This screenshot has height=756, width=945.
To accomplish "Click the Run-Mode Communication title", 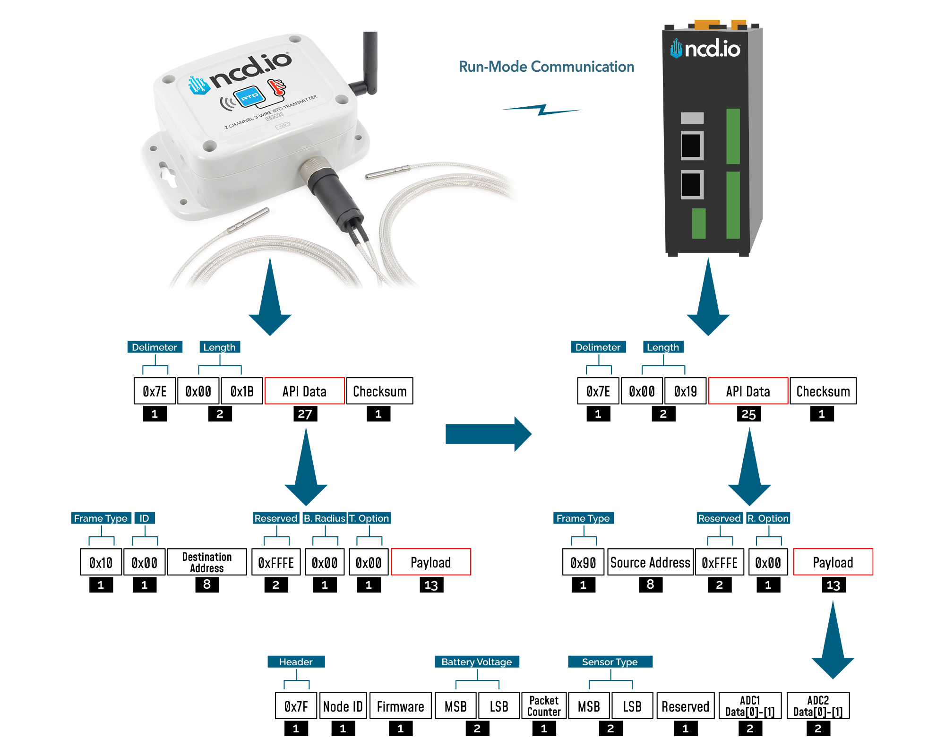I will click(546, 67).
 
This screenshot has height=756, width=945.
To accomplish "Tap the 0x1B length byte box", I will click(242, 391).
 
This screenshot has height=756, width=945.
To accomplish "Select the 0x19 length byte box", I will click(685, 391).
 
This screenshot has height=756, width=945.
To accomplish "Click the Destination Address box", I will click(207, 562).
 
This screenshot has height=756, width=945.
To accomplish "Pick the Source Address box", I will click(650, 562).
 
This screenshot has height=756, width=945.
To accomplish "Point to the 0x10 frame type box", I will click(101, 562).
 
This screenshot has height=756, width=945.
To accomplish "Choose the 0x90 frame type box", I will click(583, 562).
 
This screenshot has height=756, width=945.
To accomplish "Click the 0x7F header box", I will click(296, 706).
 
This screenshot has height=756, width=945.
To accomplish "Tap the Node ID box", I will click(343, 706).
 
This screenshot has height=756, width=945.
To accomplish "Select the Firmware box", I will click(400, 706).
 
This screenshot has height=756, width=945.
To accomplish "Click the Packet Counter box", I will click(544, 706).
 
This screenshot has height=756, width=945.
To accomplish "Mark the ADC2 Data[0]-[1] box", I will click(818, 706).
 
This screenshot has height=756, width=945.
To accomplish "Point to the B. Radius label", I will click(325, 518).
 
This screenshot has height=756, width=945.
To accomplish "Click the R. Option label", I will click(768, 518).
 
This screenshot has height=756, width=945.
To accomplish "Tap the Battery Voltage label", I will click(476, 662).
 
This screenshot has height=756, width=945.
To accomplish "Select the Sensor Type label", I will click(610, 662).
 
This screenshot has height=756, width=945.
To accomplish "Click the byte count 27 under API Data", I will click(305, 414).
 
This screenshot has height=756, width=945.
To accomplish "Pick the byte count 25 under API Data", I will click(748, 414).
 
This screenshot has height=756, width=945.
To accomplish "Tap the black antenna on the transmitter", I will click(369, 61).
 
